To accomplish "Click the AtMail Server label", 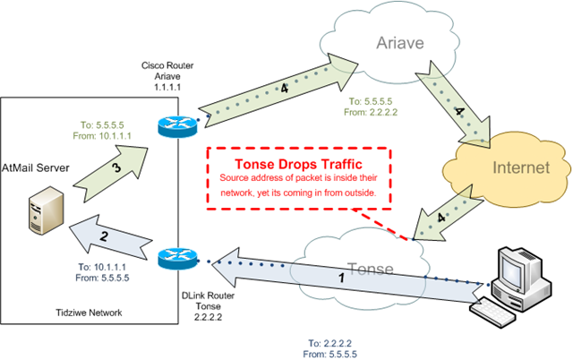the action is point(36,168).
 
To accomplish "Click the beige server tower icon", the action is point(46,210).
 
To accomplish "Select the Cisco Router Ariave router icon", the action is point(177,126).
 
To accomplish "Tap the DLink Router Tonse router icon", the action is point(177,258).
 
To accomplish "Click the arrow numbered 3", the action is point(110,173).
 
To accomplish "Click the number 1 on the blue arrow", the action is point(341,279).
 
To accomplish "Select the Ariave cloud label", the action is point(400,43).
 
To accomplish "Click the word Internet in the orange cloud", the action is point(521,167).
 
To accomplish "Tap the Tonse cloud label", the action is point(371,269).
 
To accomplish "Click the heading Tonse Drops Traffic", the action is point(298,164).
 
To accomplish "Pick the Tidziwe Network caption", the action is point(89,313).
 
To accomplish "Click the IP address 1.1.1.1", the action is point(167,87).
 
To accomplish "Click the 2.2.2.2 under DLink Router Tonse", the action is point(208,317).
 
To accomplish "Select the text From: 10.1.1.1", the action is point(102,136).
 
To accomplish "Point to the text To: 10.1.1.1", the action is point(102,267).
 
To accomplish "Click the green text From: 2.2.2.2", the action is point(371,112).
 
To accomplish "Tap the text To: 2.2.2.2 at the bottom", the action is point(329,343).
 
